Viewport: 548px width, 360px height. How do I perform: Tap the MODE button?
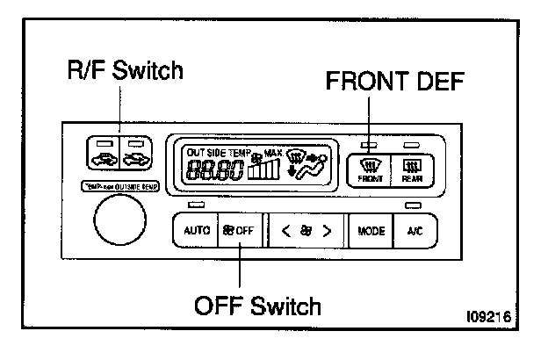tap(370, 233)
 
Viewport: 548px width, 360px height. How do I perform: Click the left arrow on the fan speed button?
tap(285, 233)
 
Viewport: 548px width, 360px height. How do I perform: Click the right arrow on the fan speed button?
tap(328, 233)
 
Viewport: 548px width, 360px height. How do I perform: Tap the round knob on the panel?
tap(119, 221)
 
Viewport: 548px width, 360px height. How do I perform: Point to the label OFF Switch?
tap(257, 306)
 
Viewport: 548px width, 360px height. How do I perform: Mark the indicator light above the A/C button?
tap(409, 207)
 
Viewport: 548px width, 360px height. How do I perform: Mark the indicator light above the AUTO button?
tap(196, 207)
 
